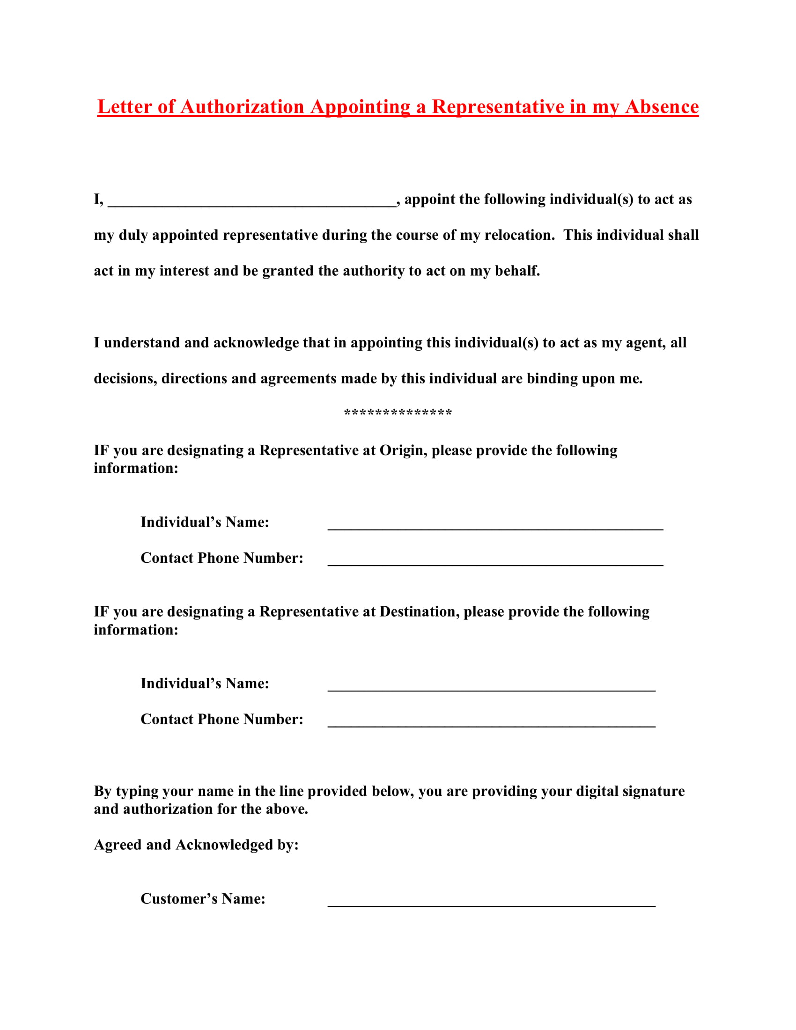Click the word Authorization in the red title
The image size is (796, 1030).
(242, 107)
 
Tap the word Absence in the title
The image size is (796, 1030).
(662, 107)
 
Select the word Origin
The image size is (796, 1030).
(403, 450)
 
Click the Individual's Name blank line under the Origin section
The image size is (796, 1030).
(495, 526)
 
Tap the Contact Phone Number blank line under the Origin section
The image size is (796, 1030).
(495, 562)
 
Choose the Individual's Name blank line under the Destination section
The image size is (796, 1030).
(491, 688)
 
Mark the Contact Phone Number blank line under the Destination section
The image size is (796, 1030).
(491, 723)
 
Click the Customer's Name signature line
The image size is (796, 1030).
(491, 903)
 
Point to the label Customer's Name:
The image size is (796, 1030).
(203, 898)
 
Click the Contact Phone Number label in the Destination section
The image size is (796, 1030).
(221, 719)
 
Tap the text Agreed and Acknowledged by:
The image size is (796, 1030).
(196, 845)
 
